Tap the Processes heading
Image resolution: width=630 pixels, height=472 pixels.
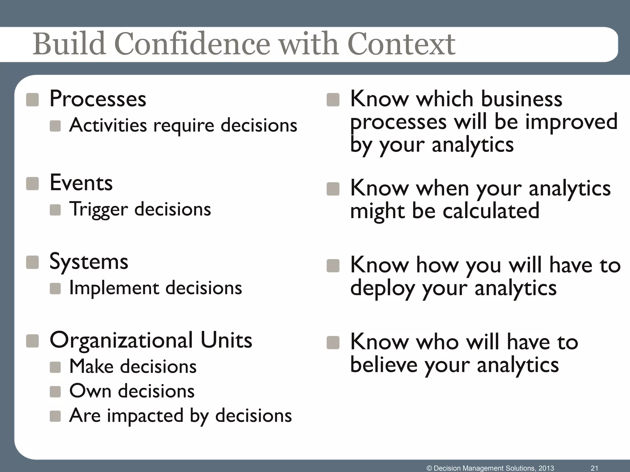click(x=98, y=99)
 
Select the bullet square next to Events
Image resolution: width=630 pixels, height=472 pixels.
click(x=32, y=183)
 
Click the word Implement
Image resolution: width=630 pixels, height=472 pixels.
click(x=114, y=289)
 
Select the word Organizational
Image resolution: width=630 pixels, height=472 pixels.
click(x=121, y=340)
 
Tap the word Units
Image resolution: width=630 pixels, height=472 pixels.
click(x=226, y=340)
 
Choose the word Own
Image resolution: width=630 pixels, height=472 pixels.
click(x=90, y=391)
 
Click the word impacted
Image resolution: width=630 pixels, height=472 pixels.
click(x=145, y=416)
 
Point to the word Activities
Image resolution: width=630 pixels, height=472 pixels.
click(x=108, y=126)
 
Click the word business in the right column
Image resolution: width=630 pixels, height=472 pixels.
click(x=521, y=99)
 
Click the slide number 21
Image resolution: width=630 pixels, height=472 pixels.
click(x=594, y=468)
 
